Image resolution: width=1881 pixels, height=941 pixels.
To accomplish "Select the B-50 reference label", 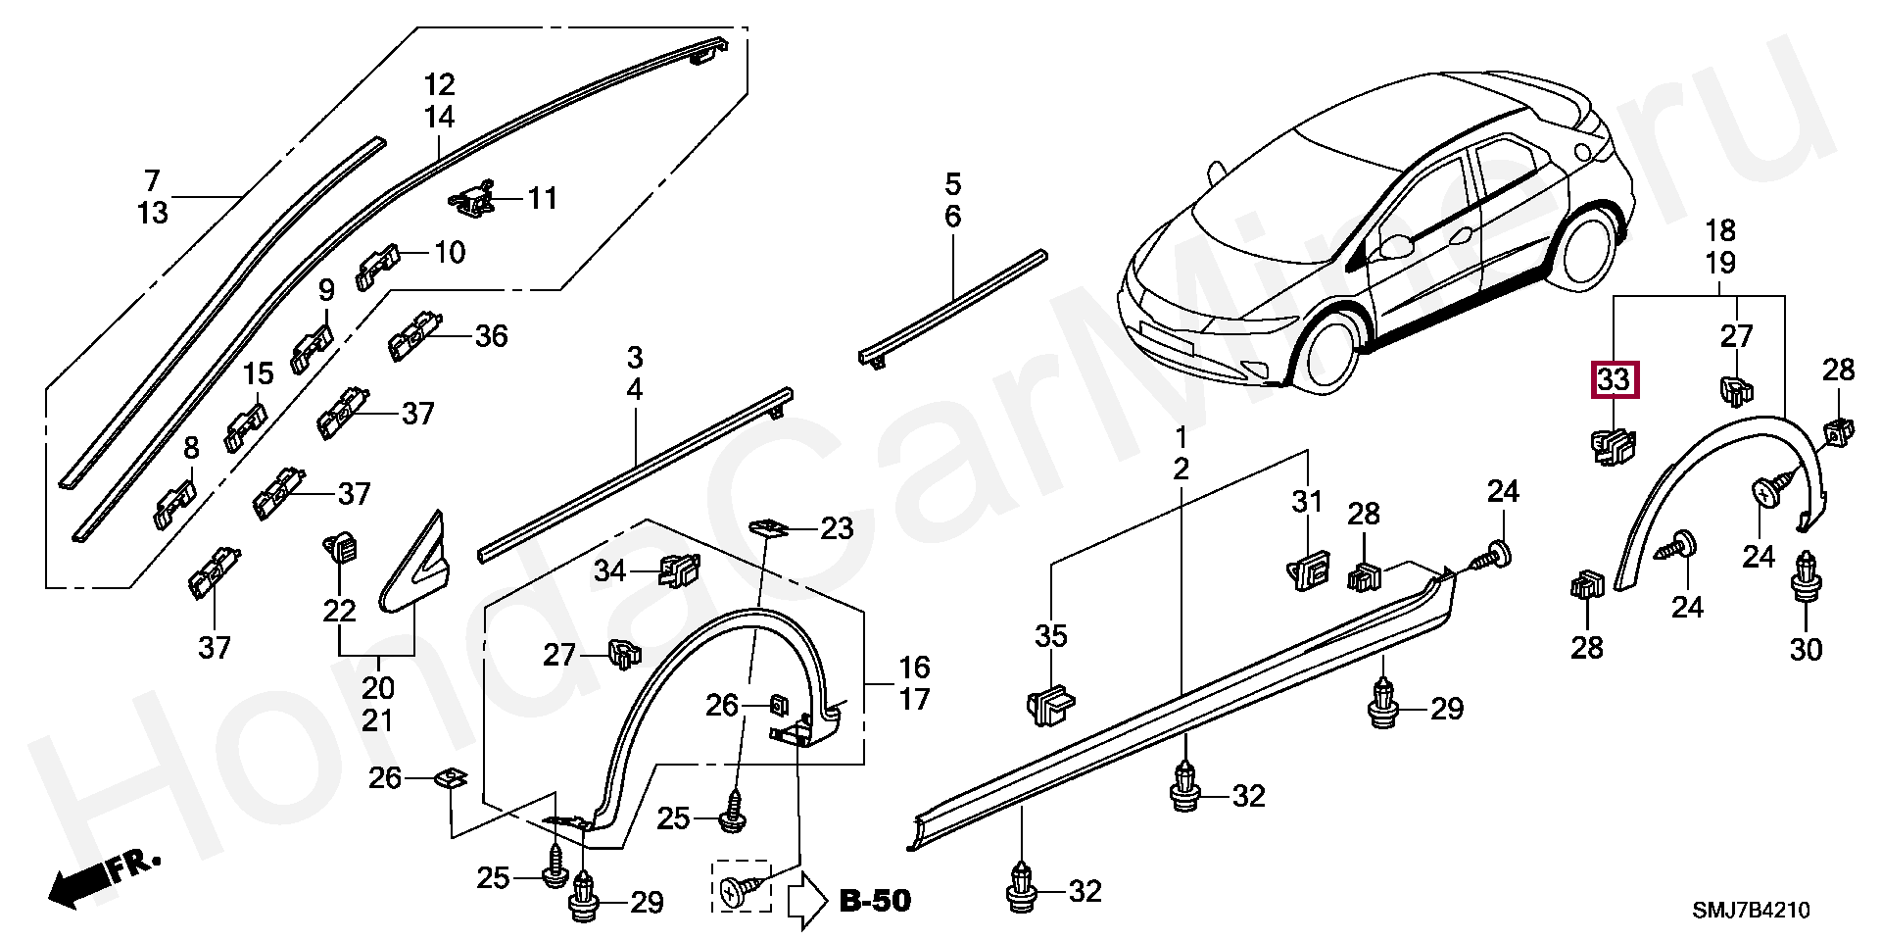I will pos(875,900).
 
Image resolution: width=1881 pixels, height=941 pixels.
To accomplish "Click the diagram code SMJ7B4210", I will pos(1752,911).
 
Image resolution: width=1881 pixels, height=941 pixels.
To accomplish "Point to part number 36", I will pos(491,336).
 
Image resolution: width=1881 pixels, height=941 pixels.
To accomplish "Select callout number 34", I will pos(609,570).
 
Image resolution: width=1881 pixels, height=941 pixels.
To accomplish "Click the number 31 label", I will pos(1306,503).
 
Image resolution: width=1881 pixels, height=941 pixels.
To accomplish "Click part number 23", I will pos(837,529).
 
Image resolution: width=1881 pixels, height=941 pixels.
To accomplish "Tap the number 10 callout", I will pos(449,253).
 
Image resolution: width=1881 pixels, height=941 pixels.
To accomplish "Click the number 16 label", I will pos(914,669).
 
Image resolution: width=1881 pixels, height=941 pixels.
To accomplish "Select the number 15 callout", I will pos(259,373).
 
